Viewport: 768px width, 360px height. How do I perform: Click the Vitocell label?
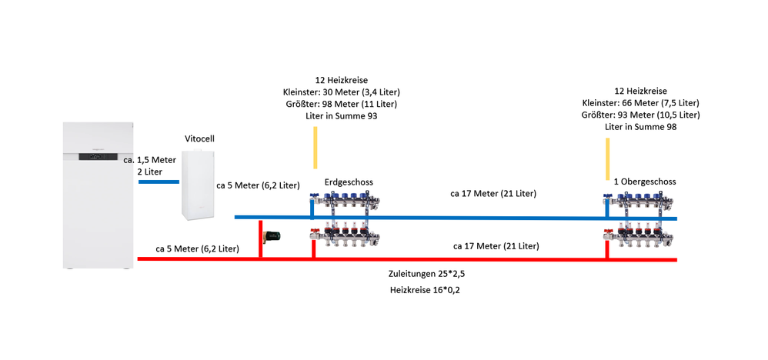(x=199, y=138)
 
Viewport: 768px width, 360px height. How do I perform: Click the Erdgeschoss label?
(x=349, y=182)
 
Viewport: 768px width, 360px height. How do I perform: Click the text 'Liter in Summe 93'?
(x=340, y=116)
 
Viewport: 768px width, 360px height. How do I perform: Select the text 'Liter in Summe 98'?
(x=640, y=127)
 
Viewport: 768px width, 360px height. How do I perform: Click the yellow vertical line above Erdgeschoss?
(x=315, y=148)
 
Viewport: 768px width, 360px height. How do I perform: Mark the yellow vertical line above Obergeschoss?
(x=608, y=158)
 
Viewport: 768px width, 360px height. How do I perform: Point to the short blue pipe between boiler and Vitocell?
(x=159, y=182)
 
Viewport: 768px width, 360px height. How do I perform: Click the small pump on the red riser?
(x=273, y=235)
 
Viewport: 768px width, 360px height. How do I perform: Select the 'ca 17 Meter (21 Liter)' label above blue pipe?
(x=493, y=194)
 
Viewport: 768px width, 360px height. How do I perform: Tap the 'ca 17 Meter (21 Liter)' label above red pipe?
(x=496, y=246)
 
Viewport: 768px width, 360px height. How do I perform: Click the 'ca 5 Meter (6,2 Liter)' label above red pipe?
(x=197, y=248)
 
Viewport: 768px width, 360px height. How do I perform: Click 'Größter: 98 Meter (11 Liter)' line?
(x=340, y=104)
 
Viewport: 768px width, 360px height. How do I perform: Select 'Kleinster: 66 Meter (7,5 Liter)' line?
(x=640, y=102)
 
